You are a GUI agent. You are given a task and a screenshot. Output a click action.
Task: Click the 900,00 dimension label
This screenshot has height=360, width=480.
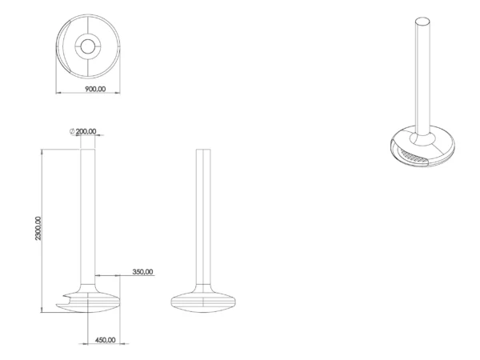point(95,89)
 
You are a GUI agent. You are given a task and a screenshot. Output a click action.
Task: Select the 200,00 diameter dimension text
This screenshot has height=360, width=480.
point(86,131)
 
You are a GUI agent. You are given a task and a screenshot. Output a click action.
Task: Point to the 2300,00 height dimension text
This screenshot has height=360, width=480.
point(38,228)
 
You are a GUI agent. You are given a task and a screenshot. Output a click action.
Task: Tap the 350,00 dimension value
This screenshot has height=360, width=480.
point(142,271)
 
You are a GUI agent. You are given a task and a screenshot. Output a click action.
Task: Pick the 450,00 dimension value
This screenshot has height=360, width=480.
point(106,340)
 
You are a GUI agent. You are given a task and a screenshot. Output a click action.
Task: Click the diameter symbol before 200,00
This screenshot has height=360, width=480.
point(72,131)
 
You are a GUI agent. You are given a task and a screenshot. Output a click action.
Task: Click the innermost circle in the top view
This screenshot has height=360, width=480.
point(88,46)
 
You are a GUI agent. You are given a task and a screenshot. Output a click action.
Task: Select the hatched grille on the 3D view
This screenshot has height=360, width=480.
point(414,156)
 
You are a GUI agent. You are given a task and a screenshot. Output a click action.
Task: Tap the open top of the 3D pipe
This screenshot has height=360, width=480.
point(422,22)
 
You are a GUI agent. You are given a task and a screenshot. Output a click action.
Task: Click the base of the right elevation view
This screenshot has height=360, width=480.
point(203,302)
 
